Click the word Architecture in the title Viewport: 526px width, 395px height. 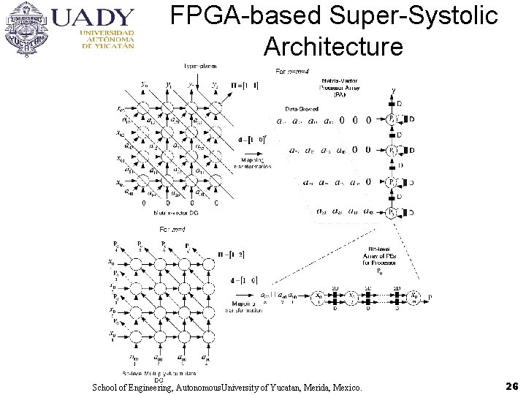(333, 47)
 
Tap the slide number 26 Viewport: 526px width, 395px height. (511, 385)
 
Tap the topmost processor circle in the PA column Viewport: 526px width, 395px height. (393, 119)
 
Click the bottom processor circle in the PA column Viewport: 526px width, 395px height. (393, 212)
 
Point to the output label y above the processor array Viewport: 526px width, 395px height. (394, 91)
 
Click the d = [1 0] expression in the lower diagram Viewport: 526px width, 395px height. (244, 279)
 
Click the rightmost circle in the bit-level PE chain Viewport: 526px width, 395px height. (414, 297)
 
